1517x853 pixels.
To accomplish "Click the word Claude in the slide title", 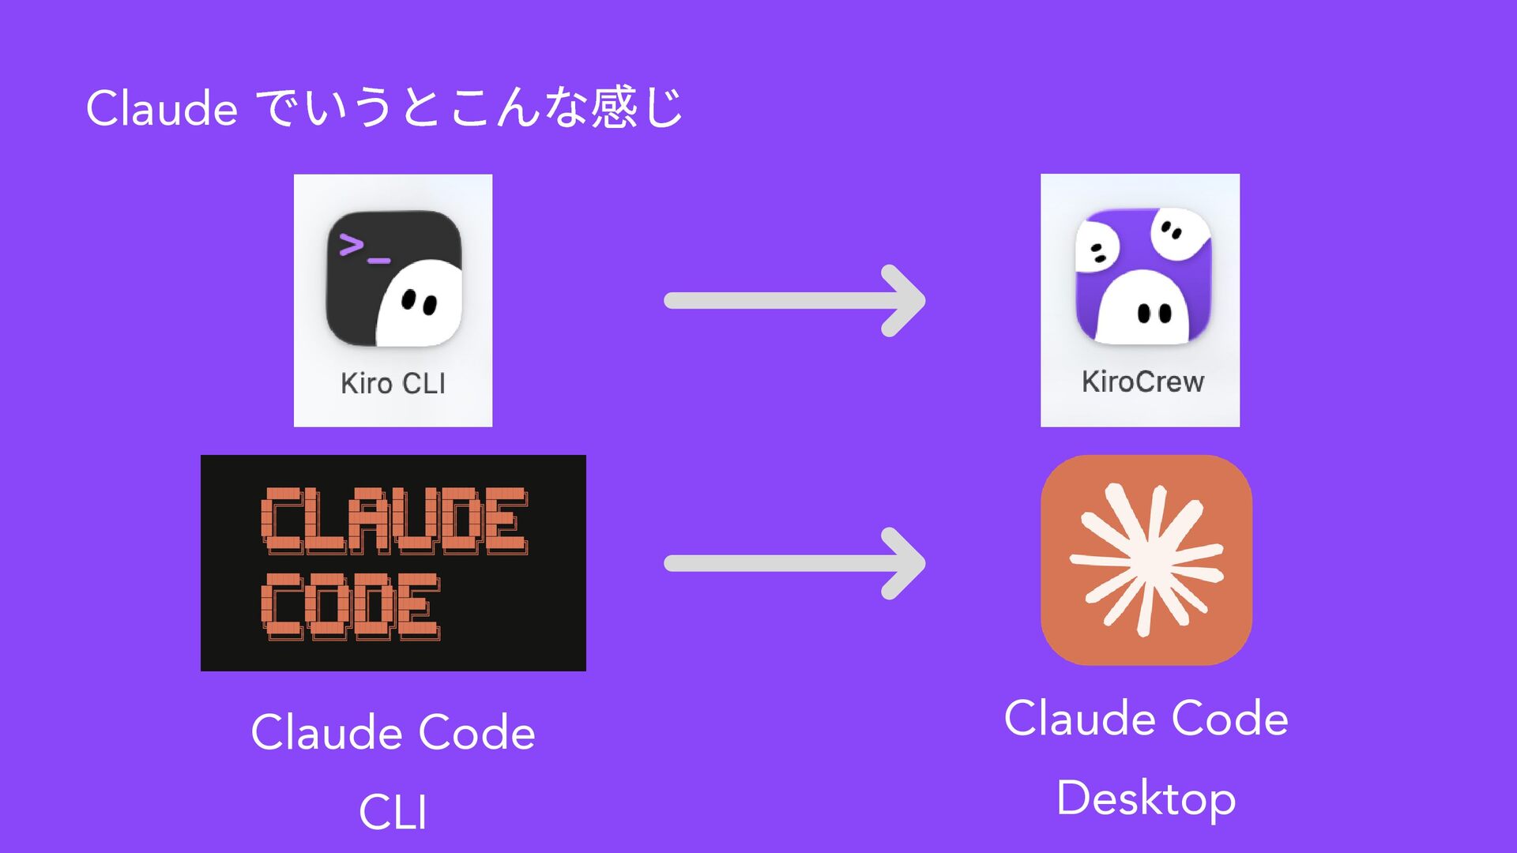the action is click(x=162, y=108).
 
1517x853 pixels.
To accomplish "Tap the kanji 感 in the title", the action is click(x=615, y=107).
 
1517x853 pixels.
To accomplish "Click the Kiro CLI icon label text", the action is click(x=393, y=383).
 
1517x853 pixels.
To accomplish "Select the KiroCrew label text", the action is click(x=1142, y=381).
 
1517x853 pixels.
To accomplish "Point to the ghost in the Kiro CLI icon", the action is click(x=420, y=303).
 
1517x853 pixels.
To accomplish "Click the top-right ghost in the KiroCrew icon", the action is click(x=1180, y=232).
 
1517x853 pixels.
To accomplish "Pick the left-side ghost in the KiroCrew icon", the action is click(x=1097, y=247).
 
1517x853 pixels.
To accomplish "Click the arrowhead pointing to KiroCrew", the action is click(x=905, y=301).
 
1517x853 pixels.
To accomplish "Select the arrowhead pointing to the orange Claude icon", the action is click(x=905, y=563).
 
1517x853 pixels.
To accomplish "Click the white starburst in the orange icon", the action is click(x=1146, y=560).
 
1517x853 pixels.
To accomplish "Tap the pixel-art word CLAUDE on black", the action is click(x=393, y=520).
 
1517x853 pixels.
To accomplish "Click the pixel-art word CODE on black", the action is click(x=350, y=607).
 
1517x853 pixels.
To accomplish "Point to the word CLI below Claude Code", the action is click(x=393, y=812).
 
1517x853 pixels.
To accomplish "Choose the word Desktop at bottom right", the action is click(x=1146, y=799).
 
